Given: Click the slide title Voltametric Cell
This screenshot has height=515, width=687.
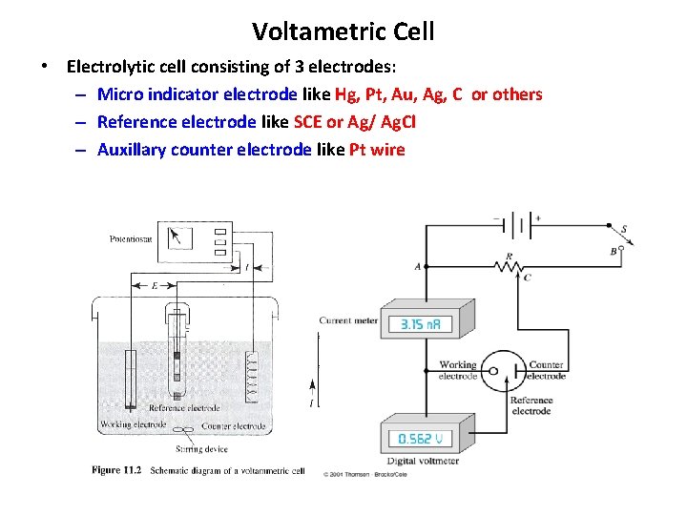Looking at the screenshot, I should coord(343,31).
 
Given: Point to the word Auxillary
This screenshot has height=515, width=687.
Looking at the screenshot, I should coord(132,150).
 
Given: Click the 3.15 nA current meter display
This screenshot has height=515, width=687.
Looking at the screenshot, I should coord(416,325).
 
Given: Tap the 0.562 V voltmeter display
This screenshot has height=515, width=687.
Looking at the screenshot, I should coord(414,440).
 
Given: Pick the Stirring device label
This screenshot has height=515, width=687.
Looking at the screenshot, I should coord(202,447).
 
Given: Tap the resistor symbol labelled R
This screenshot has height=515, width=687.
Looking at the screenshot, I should coord(509,263).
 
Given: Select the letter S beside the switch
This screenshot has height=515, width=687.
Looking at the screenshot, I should coord(625,228).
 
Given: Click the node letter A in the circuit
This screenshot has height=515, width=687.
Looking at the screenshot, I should coord(417,268).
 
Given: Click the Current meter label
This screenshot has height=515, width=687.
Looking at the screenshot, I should coord(348,320).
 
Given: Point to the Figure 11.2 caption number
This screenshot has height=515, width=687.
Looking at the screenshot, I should coord(117,469).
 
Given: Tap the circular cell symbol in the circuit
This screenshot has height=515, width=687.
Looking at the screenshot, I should coord(495,370).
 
